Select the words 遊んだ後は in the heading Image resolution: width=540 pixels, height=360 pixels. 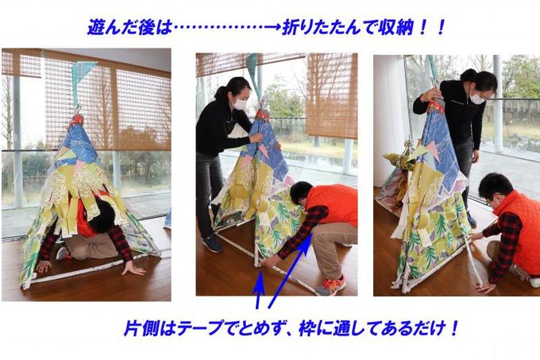pos(129,27)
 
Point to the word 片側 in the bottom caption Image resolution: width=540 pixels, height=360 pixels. pos(141,328)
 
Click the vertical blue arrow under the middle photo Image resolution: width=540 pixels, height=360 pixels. pos(259,289)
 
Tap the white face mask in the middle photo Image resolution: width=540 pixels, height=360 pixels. pos(240,104)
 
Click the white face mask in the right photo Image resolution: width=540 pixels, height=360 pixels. pos(477,99)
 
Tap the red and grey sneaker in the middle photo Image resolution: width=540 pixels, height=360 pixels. pos(330,285)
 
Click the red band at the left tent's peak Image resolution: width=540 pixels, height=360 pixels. pos(77,120)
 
